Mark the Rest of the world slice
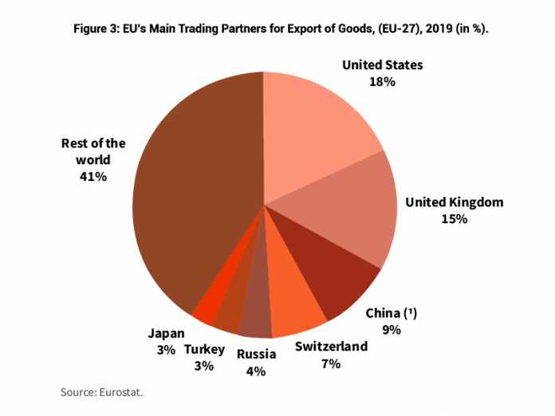(191, 191)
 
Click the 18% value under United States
(382, 81)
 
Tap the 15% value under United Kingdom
(454, 218)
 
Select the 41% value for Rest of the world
(93, 176)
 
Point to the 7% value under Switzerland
(330, 363)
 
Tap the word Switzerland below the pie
(331, 347)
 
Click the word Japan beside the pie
(167, 333)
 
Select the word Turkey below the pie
(204, 350)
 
